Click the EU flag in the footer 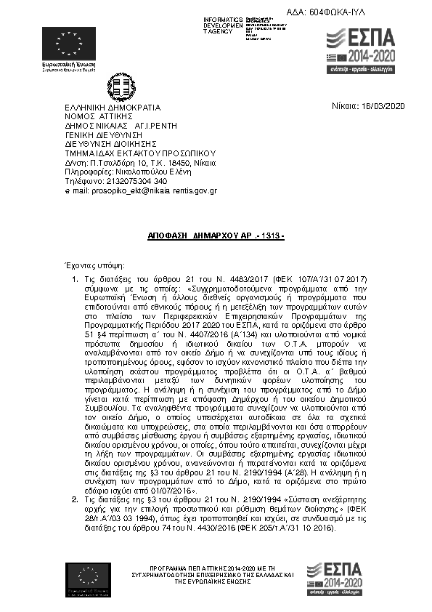click(x=88, y=579)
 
